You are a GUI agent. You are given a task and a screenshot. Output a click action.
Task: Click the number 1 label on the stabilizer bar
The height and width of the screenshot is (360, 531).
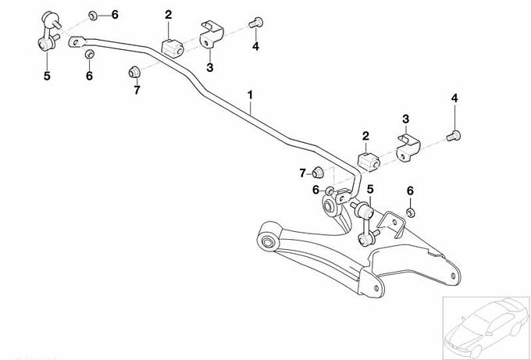[x=251, y=96]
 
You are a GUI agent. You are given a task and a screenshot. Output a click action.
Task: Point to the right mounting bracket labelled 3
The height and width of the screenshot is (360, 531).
[x=408, y=150]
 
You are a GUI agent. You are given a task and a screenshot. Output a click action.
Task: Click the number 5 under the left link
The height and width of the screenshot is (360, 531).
[x=46, y=76]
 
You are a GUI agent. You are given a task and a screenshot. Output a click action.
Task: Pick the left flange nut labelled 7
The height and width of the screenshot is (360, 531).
[x=134, y=73]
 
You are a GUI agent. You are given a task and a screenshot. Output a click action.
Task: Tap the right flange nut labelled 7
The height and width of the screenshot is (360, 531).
[x=318, y=172]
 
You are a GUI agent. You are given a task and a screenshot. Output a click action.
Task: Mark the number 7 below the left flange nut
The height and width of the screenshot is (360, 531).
[x=137, y=91]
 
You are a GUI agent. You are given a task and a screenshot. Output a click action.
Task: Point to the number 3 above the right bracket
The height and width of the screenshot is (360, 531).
[x=405, y=119]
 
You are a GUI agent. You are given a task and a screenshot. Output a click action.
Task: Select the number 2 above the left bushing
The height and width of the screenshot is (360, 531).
[x=168, y=14]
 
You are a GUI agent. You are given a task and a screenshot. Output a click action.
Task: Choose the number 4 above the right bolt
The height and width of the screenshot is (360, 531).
[x=454, y=98]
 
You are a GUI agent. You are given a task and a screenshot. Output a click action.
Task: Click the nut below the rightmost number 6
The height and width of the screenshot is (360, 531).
[x=412, y=212]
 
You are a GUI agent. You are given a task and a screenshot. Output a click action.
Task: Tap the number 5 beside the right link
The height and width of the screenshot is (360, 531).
[x=371, y=188]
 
